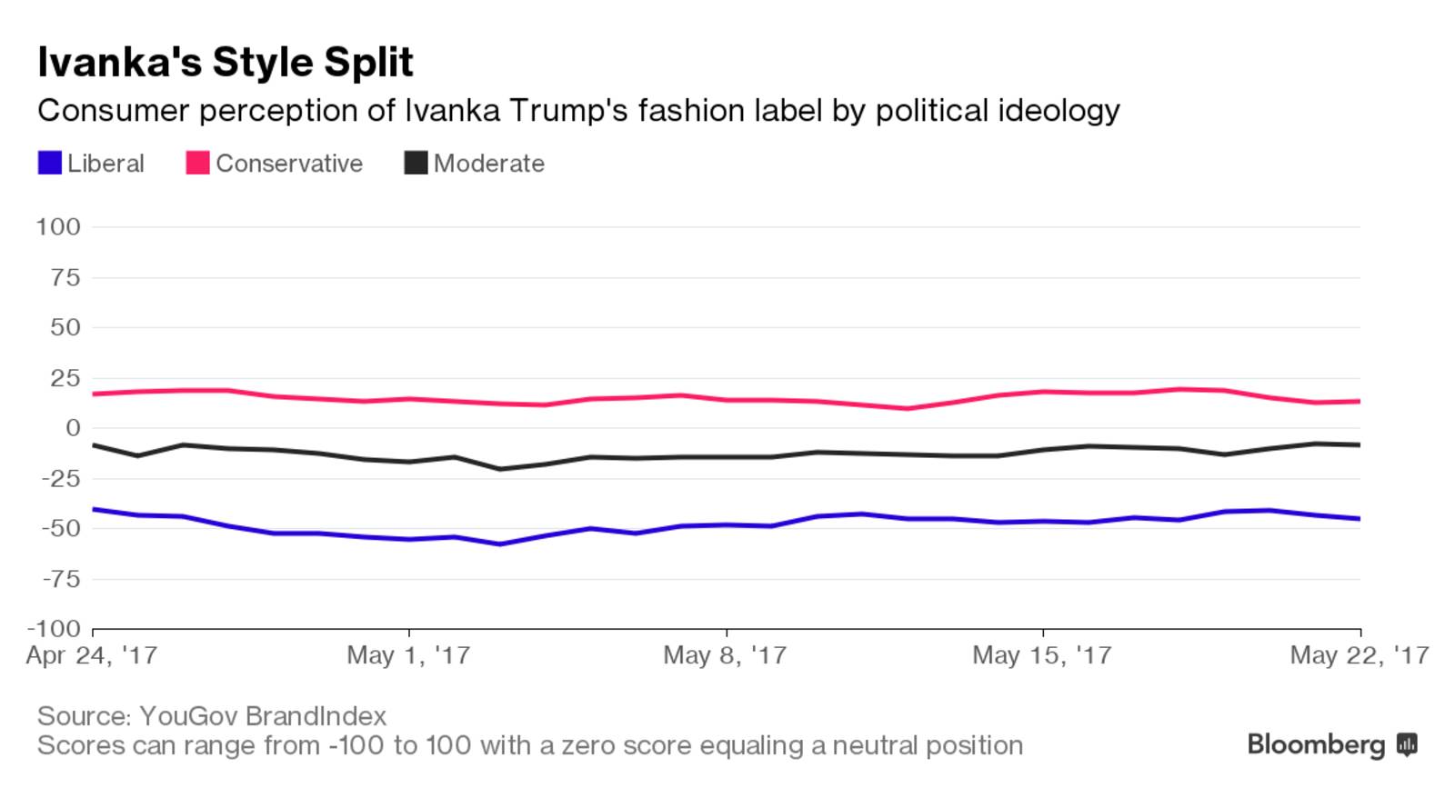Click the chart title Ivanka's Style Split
(225, 62)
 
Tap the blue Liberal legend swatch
(49, 164)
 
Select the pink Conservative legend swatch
(197, 164)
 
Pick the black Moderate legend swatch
(416, 164)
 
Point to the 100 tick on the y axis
(58, 226)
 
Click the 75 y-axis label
(65, 277)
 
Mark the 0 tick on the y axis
(73, 427)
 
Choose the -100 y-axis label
(54, 629)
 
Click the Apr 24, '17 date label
(92, 655)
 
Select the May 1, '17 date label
(408, 655)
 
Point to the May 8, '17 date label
(725, 655)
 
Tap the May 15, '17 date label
(1041, 655)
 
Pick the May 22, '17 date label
(1359, 655)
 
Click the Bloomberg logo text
(1316, 744)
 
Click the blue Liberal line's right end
(1359, 519)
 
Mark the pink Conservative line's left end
(95, 394)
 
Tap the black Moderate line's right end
(1359, 444)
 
